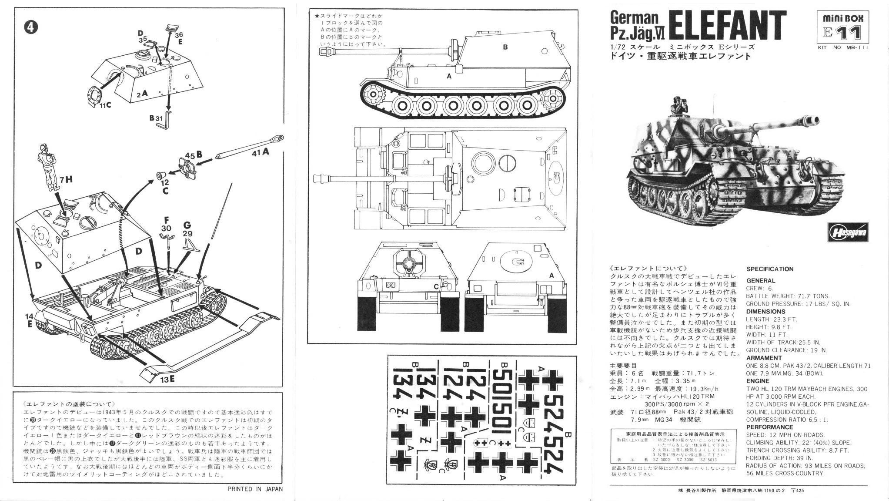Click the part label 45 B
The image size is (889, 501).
(x=194, y=155)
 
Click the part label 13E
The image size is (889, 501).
(x=167, y=379)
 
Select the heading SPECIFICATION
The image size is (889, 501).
(x=770, y=269)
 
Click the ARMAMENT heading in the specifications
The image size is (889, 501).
(x=764, y=358)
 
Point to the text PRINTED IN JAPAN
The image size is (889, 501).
(x=255, y=489)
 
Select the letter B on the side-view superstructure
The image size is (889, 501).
(x=505, y=47)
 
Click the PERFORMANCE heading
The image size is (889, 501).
(x=770, y=427)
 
